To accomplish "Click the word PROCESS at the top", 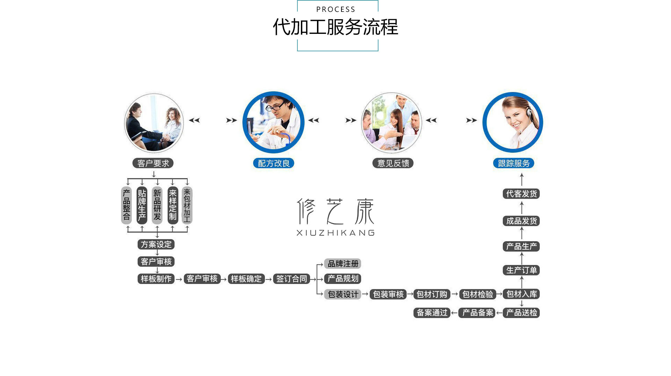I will pyautogui.click(x=335, y=9).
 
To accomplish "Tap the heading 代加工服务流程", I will pyautogui.click(x=335, y=27).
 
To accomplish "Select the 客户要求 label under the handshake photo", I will pyautogui.click(x=153, y=163).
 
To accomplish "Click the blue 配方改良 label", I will pyautogui.click(x=274, y=163).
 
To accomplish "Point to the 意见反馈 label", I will pyautogui.click(x=393, y=163).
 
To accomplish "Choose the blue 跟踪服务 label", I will pyautogui.click(x=514, y=163).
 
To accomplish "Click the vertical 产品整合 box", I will pyautogui.click(x=127, y=205).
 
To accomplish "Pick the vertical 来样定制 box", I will pyautogui.click(x=173, y=205).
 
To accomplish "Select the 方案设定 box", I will pyautogui.click(x=156, y=244).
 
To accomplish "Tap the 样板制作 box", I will pyautogui.click(x=156, y=279).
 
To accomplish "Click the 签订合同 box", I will pyautogui.click(x=291, y=279).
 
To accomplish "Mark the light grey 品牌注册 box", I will pyautogui.click(x=343, y=264).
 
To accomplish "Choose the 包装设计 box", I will pyautogui.click(x=343, y=294).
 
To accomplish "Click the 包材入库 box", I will pyautogui.click(x=521, y=294).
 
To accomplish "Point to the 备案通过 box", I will pyautogui.click(x=432, y=312).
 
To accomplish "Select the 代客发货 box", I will pyautogui.click(x=521, y=194).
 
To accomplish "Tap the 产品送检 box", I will pyautogui.click(x=521, y=312).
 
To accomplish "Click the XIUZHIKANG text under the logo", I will pyautogui.click(x=335, y=233).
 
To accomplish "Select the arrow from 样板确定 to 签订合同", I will pyautogui.click(x=268, y=279).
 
